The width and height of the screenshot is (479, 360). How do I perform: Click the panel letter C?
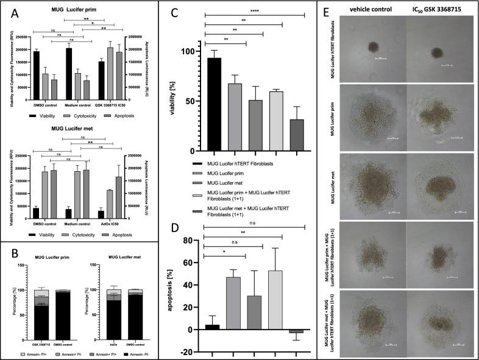click(192, 11)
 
